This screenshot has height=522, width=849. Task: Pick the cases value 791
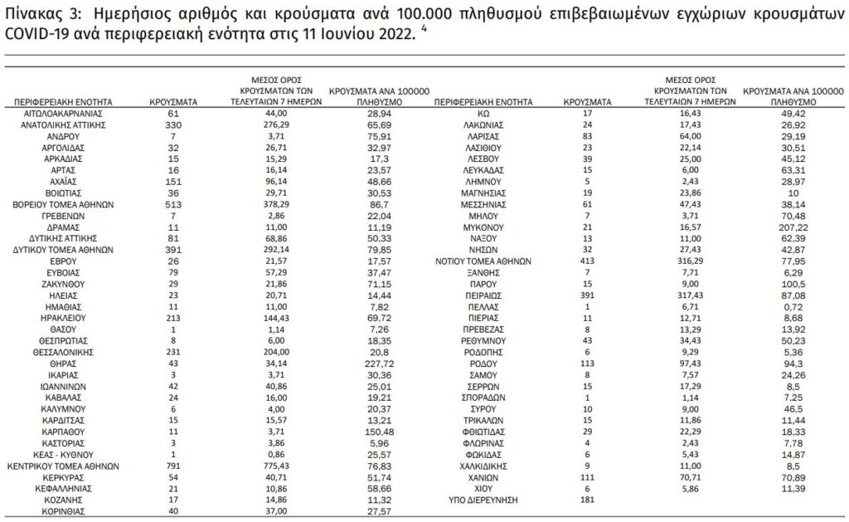(173, 466)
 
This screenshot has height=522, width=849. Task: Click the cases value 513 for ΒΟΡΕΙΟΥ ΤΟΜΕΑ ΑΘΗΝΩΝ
(173, 202)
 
